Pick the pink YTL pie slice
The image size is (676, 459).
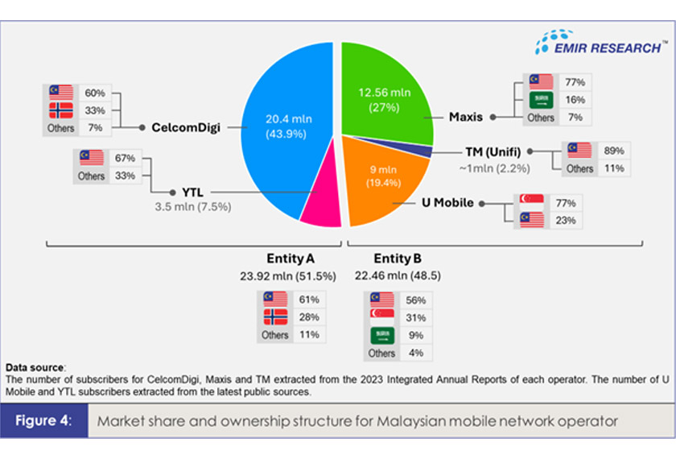(x=322, y=205)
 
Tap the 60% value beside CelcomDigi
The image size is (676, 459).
(x=95, y=92)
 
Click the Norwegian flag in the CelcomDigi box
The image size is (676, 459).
(x=61, y=110)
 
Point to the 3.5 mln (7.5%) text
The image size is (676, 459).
(x=192, y=207)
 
